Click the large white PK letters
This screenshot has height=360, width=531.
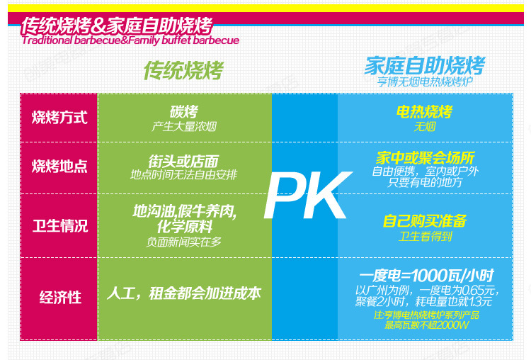pyautogui.click(x=307, y=196)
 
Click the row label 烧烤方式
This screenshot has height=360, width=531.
pyautogui.click(x=59, y=118)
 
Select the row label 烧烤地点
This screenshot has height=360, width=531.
pyautogui.click(x=59, y=167)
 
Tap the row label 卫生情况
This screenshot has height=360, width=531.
pyautogui.click(x=60, y=226)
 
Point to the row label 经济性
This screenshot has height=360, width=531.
pyautogui.click(x=60, y=298)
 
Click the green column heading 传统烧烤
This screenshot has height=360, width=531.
pyautogui.click(x=183, y=70)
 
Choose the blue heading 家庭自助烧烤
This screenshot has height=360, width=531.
pyautogui.click(x=425, y=65)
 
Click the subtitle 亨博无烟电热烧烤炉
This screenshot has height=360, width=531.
pyautogui.click(x=425, y=81)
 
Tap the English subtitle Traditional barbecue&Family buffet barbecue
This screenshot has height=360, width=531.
pyautogui.click(x=130, y=40)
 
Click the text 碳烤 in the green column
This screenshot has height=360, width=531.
pyautogui.click(x=184, y=111)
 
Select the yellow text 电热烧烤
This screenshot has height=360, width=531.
pyautogui.click(x=425, y=111)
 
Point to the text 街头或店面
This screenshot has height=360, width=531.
pyautogui.click(x=183, y=161)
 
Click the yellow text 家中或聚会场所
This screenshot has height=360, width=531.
pyautogui.click(x=426, y=157)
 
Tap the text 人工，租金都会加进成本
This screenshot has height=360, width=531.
pyautogui.click(x=184, y=293)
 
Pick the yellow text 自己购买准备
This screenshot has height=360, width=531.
pyautogui.click(x=425, y=221)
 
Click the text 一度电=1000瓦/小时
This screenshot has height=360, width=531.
pyautogui.click(x=426, y=276)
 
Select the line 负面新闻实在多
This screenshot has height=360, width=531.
pyautogui.click(x=184, y=242)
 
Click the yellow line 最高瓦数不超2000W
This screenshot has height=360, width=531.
pyautogui.click(x=427, y=325)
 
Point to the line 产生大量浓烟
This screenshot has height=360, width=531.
pyautogui.click(x=184, y=127)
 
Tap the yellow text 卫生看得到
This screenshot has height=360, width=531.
pyautogui.click(x=426, y=236)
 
